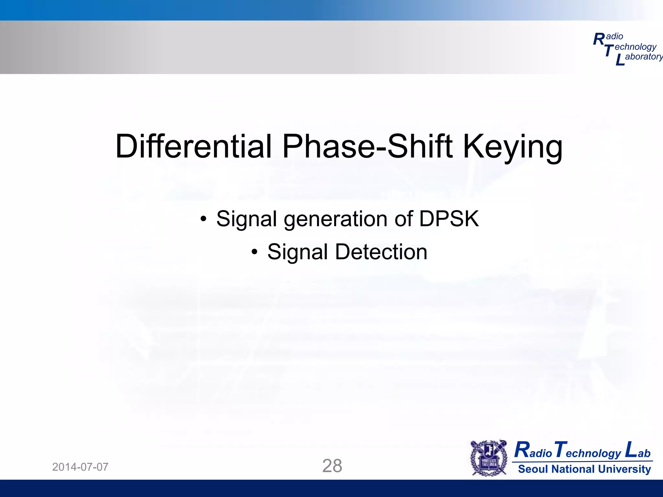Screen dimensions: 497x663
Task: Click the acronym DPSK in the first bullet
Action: coord(449,219)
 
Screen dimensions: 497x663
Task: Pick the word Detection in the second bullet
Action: coord(381,252)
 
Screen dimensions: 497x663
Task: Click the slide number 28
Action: coord(332,466)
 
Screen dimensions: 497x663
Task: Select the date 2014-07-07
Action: coord(80,467)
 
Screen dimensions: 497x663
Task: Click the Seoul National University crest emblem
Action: coord(489,458)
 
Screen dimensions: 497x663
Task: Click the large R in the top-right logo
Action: coord(599,39)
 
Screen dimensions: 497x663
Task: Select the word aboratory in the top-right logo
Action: coord(644,57)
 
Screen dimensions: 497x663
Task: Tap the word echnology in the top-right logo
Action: coord(635,47)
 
